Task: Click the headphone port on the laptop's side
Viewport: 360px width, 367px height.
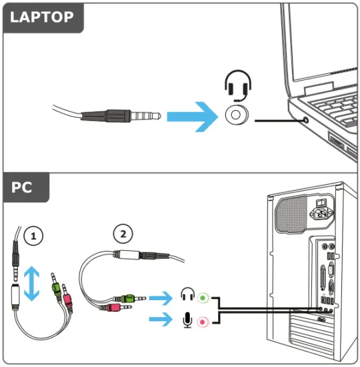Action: [x=305, y=121]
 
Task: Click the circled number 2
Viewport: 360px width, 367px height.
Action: [x=122, y=234]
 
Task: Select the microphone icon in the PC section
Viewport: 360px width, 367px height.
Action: [x=188, y=322]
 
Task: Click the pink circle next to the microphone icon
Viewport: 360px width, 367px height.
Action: [x=203, y=322]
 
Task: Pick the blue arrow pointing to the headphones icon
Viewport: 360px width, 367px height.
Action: [x=161, y=296]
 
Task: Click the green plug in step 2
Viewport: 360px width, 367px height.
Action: [x=124, y=297]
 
